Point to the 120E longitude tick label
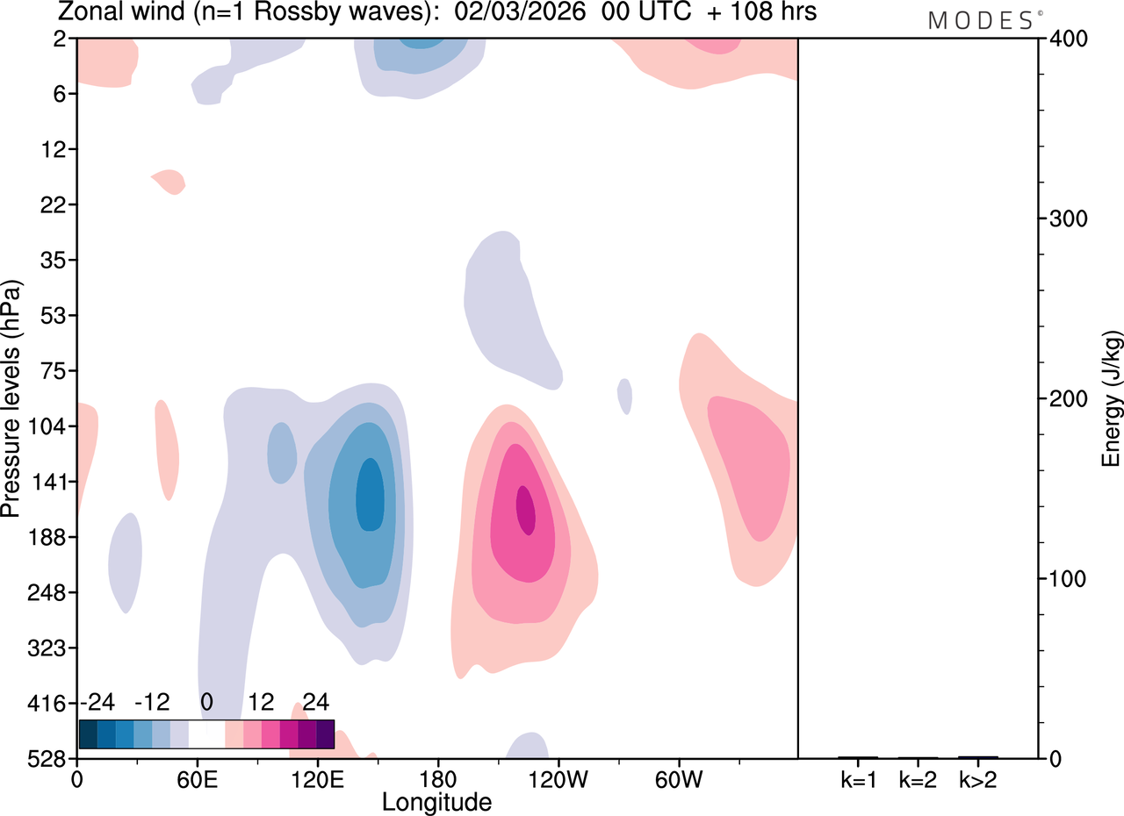pyautogui.click(x=318, y=777)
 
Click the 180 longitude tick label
pyautogui.click(x=437, y=777)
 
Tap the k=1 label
pyautogui.click(x=857, y=778)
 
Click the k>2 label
pyautogui.click(x=977, y=778)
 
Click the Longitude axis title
pyautogui.click(x=436, y=801)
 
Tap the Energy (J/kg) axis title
pyautogui.click(x=1112, y=398)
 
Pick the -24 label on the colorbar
pyautogui.click(x=98, y=702)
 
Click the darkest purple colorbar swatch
pyautogui.click(x=325, y=734)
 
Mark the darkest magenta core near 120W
pyautogui.click(x=525, y=510)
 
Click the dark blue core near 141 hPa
pyautogui.click(x=370, y=495)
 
